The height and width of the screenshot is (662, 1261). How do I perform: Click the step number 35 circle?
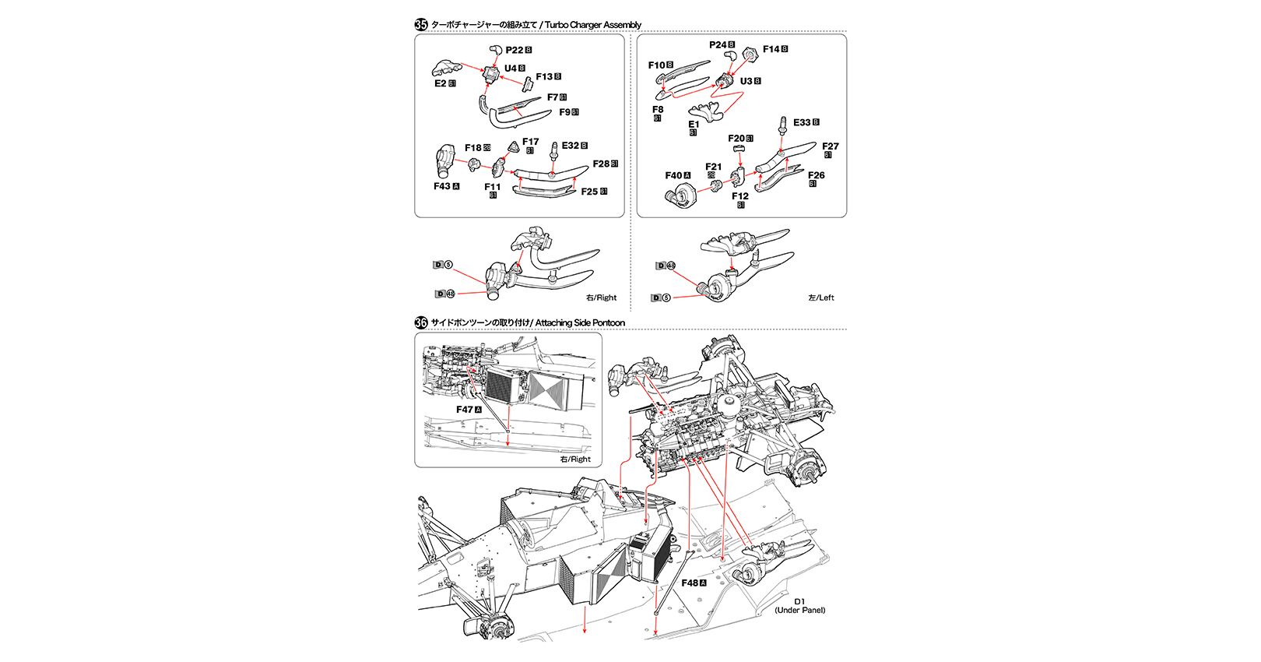click(x=421, y=24)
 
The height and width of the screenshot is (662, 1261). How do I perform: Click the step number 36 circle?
click(x=421, y=322)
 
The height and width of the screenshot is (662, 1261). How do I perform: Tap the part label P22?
click(x=515, y=50)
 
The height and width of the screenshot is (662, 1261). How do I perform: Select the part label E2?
click(x=441, y=83)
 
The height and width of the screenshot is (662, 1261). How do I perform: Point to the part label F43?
click(x=442, y=186)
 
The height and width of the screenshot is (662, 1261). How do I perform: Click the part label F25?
click(x=590, y=192)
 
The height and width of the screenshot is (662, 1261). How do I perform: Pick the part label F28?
click(x=601, y=164)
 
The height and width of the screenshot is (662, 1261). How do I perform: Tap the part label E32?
click(x=571, y=146)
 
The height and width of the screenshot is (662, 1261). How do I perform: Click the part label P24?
click(x=718, y=45)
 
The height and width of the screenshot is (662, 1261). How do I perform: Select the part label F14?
click(x=771, y=49)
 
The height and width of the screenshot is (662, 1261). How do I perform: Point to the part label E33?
click(x=802, y=122)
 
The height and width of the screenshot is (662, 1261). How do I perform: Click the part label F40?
click(x=673, y=175)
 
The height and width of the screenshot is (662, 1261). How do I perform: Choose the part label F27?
click(x=831, y=146)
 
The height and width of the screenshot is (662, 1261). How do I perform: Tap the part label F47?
click(x=465, y=410)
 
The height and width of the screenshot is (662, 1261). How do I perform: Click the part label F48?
click(x=690, y=583)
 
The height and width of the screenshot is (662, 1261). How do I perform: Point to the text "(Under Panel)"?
click(x=800, y=610)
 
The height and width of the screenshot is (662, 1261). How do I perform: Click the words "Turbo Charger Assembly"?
click(x=593, y=25)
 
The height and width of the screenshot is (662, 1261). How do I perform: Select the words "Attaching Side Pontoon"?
click(x=580, y=322)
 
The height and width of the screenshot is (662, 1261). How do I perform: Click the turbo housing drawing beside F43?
click(x=446, y=162)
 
